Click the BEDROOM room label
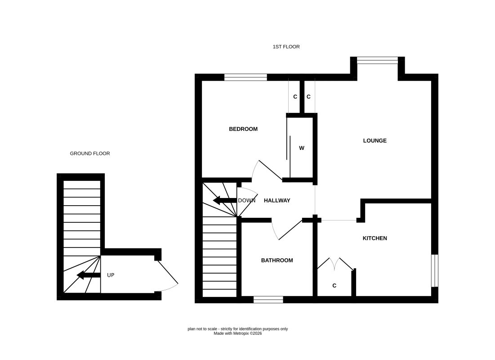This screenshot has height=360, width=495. pos(243,129)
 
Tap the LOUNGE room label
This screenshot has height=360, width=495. pos(375,140)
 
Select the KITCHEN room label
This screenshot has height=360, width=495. pos(375,238)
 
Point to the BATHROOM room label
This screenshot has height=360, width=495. pos(277,260)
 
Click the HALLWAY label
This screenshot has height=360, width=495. pos(277,201)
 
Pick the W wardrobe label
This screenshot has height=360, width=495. pos(302,148)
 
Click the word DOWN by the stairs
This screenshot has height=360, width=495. pos(246,201)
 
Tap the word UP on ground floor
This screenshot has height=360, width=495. pos(111,275)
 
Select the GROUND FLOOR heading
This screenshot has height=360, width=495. pos(90,153)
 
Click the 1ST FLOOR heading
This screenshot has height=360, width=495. pos(286,47)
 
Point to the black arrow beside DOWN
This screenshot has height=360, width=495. pos(222,200)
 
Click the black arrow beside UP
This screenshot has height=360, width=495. pos(89,275)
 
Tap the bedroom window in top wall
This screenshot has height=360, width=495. pos(245,77)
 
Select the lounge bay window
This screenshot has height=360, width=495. pos(377,60)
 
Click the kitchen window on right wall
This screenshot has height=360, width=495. pos(434,270)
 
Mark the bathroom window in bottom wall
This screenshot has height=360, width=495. pos(268,299)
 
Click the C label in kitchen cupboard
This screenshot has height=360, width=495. pos(334,286)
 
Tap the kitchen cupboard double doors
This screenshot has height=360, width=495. pos(335,264)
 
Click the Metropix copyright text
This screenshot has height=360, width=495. pos(237,333)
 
